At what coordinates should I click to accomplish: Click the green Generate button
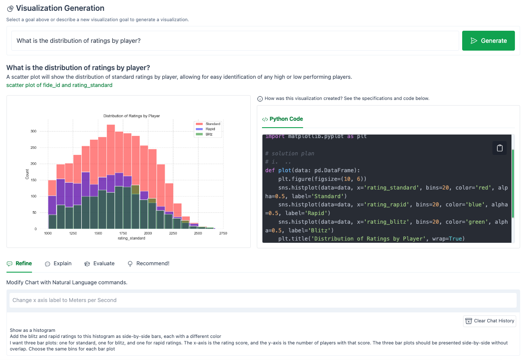(x=488, y=41)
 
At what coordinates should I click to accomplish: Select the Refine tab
(x=19, y=263)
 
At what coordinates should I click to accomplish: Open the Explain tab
(x=58, y=263)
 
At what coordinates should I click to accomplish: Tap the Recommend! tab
(x=148, y=263)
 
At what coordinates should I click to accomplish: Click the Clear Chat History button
(x=489, y=321)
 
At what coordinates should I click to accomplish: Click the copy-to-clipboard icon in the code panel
(x=499, y=148)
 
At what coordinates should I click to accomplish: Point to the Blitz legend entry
(x=209, y=134)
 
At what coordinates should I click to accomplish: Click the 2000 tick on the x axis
(x=148, y=233)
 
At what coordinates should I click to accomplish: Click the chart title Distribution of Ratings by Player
(x=131, y=116)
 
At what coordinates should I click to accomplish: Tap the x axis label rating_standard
(x=131, y=238)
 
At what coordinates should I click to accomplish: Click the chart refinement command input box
(x=263, y=300)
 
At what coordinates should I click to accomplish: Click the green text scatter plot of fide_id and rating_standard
(x=59, y=85)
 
